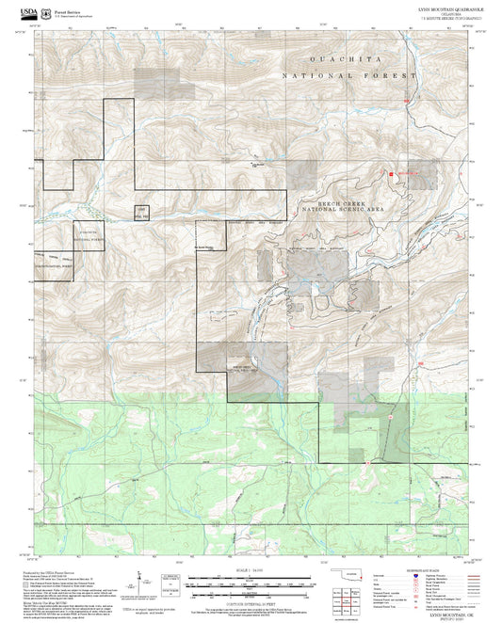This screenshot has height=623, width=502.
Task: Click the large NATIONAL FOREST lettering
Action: pyautogui.click(x=349, y=74)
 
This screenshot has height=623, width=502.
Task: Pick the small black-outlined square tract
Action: pyautogui.click(x=141, y=211)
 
